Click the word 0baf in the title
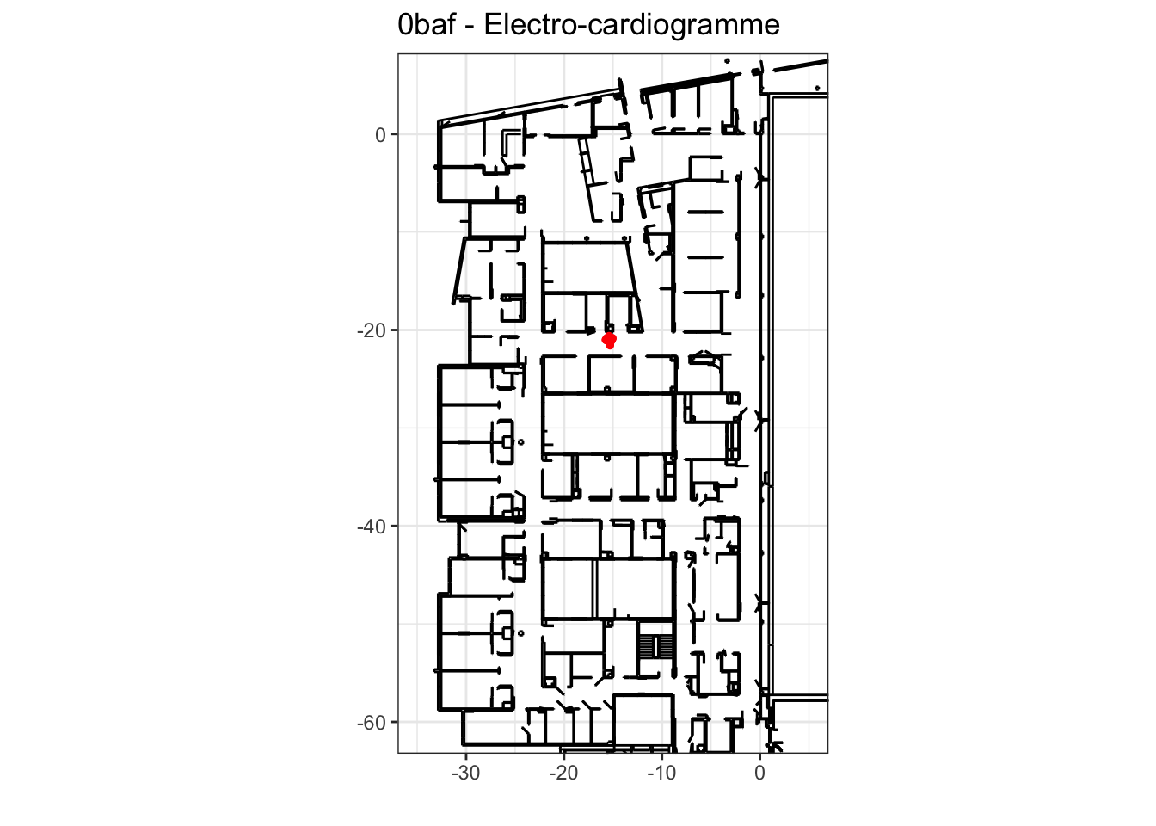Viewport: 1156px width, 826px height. pyautogui.click(x=427, y=24)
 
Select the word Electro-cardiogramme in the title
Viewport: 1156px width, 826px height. pyautogui.click(x=631, y=25)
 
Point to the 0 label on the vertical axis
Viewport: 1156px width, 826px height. pyautogui.click(x=380, y=135)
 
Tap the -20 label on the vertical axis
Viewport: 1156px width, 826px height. pyautogui.click(x=372, y=330)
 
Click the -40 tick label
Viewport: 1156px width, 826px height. pyautogui.click(x=372, y=527)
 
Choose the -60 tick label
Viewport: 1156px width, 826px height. pyautogui.click(x=372, y=723)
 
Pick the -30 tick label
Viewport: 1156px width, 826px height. pyautogui.click(x=466, y=773)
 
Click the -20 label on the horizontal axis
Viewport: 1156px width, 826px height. pyautogui.click(x=563, y=773)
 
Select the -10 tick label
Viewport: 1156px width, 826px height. pyautogui.click(x=661, y=773)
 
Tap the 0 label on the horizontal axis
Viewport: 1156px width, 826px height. pyautogui.click(x=759, y=773)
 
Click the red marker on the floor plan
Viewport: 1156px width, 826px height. pyautogui.click(x=610, y=341)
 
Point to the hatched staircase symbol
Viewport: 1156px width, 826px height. pyautogui.click(x=655, y=646)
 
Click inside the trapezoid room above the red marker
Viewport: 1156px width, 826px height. pyautogui.click(x=588, y=268)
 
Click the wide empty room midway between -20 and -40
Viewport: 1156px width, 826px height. pyautogui.click(x=609, y=423)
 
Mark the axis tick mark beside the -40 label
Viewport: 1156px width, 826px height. pyautogui.click(x=395, y=526)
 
